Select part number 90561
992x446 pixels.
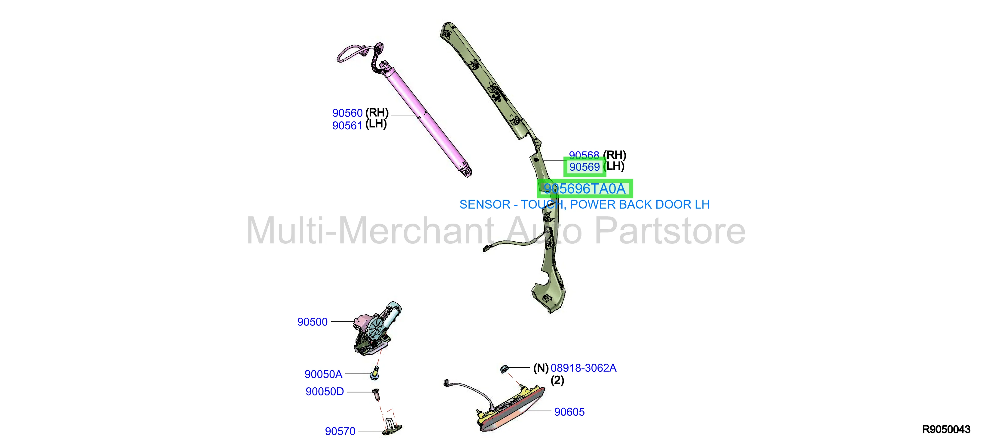pos(347,126)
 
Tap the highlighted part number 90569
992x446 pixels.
pos(585,167)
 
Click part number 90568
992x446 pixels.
pos(584,155)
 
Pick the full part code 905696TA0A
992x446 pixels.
pos(585,189)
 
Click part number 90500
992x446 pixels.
pos(312,322)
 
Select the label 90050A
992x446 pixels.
pos(323,374)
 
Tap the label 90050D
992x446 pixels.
pos(325,391)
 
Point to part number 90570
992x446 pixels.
pos(340,431)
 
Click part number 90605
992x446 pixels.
pos(569,412)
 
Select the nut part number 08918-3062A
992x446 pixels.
pos(583,368)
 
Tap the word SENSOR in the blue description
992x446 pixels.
pos(485,204)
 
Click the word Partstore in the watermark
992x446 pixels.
pos(670,231)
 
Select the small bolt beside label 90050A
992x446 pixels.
pos(374,374)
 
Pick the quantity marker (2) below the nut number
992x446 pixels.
pos(557,380)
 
